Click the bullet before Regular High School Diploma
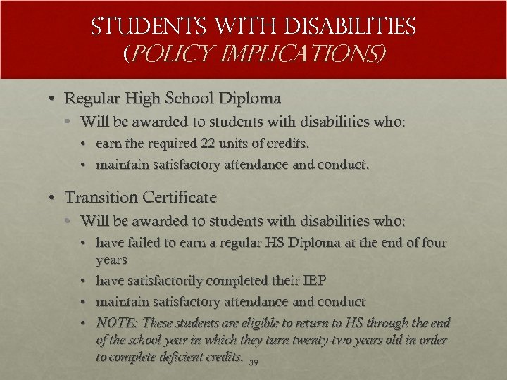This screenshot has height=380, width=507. tap(54, 99)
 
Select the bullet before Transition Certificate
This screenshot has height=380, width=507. tap(54, 198)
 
